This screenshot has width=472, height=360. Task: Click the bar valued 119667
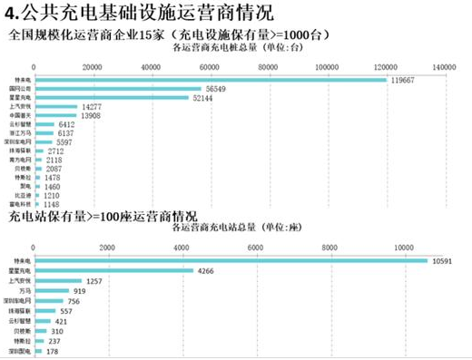[209, 80]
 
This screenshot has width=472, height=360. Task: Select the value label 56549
[216, 89]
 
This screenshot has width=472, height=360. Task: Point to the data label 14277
[92, 107]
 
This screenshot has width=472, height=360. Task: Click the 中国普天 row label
[21, 116]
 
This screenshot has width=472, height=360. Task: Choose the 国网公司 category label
[21, 89]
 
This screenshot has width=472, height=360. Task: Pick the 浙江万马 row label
[21, 133]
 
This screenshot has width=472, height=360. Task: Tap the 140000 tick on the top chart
[444, 68]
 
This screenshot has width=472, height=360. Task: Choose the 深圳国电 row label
[21, 349]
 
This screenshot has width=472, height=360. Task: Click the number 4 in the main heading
[9, 13]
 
